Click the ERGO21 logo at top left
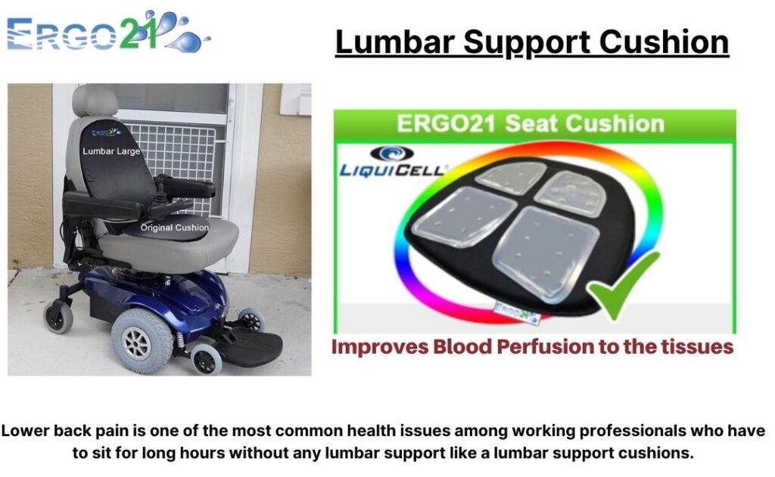pyautogui.click(x=109, y=32)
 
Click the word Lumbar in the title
pyautogui.click(x=394, y=42)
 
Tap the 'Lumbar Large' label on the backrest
pyautogui.click(x=111, y=151)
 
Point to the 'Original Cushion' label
pyautogui.click(x=175, y=228)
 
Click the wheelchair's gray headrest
pyautogui.click(x=95, y=101)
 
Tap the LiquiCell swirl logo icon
pyautogui.click(x=391, y=153)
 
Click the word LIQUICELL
pyautogui.click(x=393, y=170)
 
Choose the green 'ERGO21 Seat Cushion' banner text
pyautogui.click(x=531, y=123)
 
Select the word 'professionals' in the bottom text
pyautogui.click(x=633, y=431)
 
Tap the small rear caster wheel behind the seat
pyautogui.click(x=59, y=317)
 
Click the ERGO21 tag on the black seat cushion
pyautogui.click(x=515, y=312)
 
